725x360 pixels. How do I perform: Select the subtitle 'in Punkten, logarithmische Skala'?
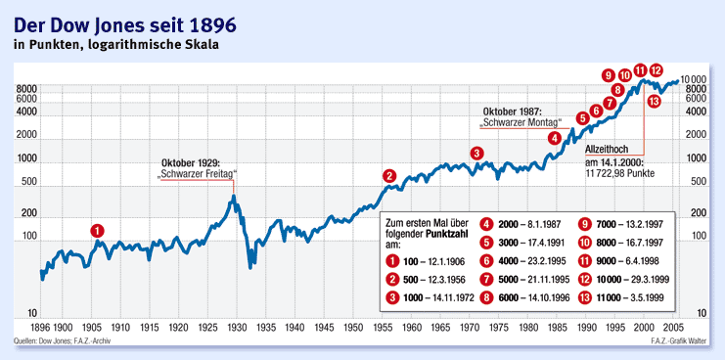[x=115, y=44]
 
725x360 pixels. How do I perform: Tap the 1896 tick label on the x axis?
[x=41, y=327]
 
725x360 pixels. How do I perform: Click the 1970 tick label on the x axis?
[x=470, y=327]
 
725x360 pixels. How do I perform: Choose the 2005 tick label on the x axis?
[x=673, y=327]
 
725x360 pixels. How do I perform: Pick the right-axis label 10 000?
[x=694, y=79]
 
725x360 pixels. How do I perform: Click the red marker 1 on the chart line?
[x=97, y=230]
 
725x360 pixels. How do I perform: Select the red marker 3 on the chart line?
[x=476, y=153]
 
